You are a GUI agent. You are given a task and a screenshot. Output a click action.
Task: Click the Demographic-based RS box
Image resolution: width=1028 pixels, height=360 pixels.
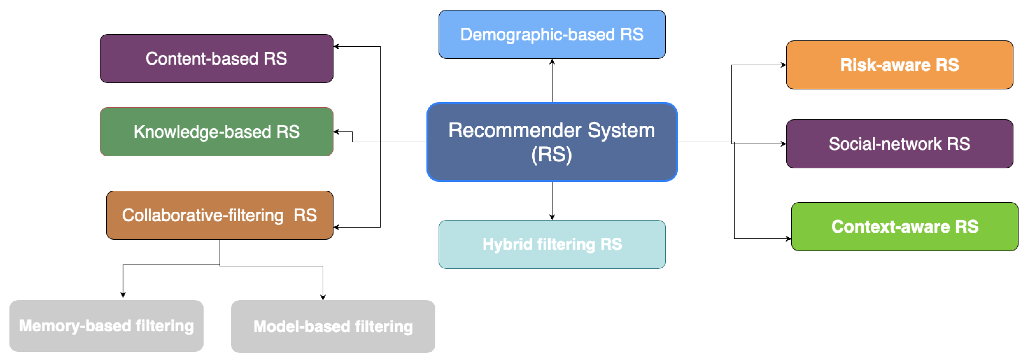[x=552, y=34]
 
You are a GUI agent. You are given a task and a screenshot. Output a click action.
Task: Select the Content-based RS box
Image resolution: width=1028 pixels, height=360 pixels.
[x=216, y=59]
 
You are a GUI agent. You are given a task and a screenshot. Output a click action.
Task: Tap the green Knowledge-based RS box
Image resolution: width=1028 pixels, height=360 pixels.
[x=216, y=132]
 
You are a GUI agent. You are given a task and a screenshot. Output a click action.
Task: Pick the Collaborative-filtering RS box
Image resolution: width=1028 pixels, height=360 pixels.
[x=220, y=215]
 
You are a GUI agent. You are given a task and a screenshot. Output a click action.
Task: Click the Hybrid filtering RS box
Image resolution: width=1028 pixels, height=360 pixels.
[x=552, y=244]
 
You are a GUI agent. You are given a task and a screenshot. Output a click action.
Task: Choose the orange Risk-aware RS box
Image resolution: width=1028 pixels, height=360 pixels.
[x=899, y=65]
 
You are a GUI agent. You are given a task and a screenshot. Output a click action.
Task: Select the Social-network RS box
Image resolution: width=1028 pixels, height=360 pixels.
[x=899, y=144]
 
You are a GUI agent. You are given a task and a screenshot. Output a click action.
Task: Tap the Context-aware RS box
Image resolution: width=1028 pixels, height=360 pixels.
[x=905, y=227]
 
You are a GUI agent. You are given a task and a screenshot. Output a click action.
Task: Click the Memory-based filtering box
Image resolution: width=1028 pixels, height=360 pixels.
[x=107, y=326]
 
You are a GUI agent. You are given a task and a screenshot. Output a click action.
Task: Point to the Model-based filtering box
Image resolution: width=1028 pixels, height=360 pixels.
[x=333, y=327]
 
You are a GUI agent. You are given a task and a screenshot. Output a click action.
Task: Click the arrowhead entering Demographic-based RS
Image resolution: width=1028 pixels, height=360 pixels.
[x=552, y=62]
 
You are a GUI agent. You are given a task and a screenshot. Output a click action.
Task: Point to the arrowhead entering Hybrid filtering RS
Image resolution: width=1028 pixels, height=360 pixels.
[x=552, y=217]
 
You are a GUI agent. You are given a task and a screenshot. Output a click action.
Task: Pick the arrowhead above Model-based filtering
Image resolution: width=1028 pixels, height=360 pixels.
[x=323, y=297]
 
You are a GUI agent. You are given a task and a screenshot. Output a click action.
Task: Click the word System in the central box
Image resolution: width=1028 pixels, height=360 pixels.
[x=621, y=130]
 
